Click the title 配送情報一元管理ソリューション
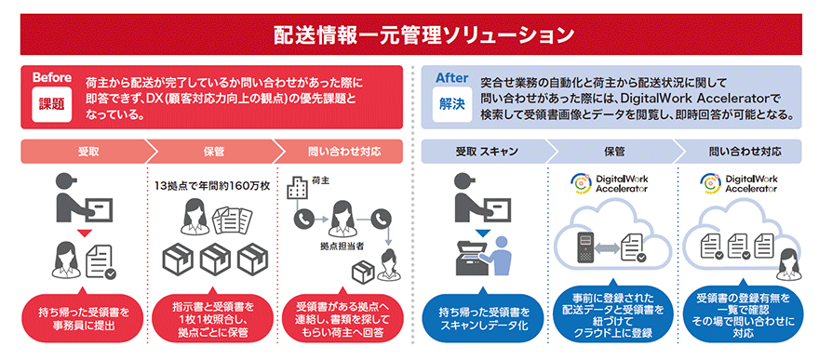tap(409, 34)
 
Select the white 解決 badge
tap(451, 104)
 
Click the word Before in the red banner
tap(52, 78)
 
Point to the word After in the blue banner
tap(451, 78)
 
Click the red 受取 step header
tap(79, 151)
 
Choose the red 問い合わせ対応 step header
tap(342, 151)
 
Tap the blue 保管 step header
tap(613, 151)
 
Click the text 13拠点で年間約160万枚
tap(211, 186)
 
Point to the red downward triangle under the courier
tap(84, 232)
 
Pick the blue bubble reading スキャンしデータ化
tap(481, 314)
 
